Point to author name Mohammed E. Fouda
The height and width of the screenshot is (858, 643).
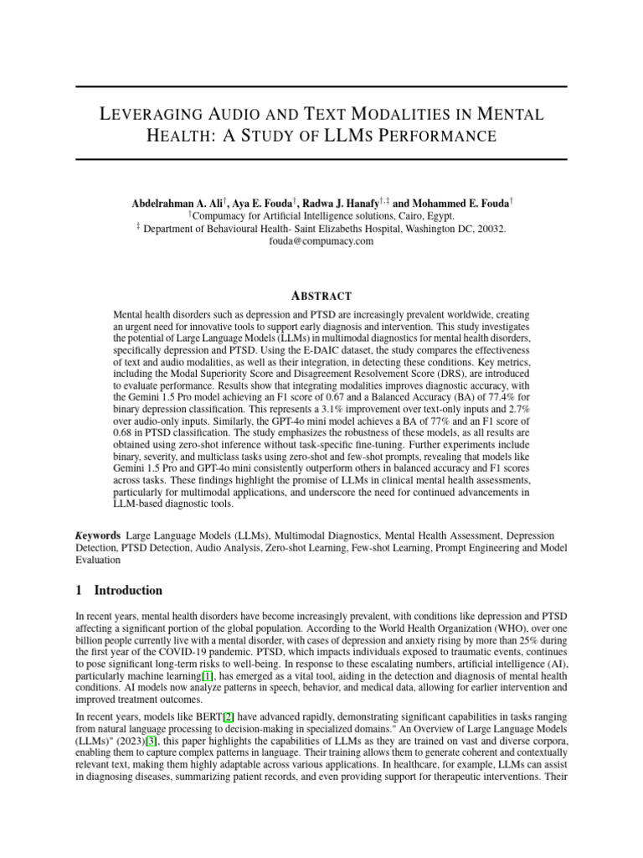point(450,204)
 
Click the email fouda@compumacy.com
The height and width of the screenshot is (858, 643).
point(321,241)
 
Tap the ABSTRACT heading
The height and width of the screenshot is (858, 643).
point(321,296)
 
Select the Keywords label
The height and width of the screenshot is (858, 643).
point(95,534)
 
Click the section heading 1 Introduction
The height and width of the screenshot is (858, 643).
point(119,591)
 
